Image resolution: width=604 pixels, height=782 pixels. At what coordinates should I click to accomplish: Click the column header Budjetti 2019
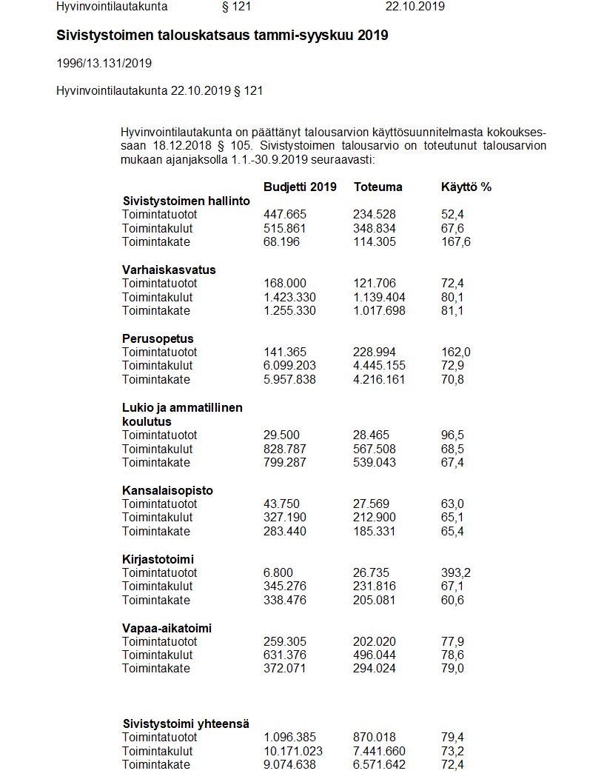300,187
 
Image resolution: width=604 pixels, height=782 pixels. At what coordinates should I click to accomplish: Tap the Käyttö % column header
466,187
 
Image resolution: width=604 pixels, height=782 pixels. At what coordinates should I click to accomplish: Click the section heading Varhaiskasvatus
169,270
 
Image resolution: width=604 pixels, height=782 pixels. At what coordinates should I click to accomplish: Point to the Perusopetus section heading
158,338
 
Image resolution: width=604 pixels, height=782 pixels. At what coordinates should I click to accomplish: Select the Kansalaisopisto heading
167,490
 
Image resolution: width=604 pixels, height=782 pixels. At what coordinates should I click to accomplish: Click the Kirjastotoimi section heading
158,559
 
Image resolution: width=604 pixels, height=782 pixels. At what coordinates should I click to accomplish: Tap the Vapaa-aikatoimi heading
167,628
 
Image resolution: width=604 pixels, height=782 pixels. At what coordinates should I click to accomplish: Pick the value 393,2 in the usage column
456,572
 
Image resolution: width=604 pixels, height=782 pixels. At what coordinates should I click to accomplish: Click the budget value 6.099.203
289,366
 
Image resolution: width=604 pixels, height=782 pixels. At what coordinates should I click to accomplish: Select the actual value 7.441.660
379,751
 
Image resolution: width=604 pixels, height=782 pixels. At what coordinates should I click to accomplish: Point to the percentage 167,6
456,242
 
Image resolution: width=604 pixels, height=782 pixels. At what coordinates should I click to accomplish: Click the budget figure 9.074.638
289,764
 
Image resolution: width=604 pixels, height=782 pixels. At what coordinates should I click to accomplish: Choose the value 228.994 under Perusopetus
375,352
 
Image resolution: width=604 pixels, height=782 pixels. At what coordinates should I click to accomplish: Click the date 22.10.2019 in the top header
415,7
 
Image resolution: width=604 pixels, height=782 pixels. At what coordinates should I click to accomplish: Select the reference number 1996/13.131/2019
104,64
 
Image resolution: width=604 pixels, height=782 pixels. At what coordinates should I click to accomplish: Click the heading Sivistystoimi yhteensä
185,723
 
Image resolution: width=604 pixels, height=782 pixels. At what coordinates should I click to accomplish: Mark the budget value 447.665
285,214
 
